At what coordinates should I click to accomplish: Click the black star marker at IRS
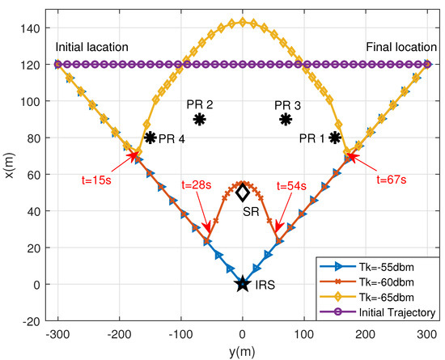click(x=243, y=284)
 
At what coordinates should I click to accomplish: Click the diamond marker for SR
click(x=243, y=193)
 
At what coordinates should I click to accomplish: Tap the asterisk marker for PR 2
click(x=200, y=119)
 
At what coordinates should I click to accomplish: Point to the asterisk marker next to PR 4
click(x=150, y=138)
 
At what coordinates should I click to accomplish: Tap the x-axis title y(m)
click(x=243, y=349)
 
